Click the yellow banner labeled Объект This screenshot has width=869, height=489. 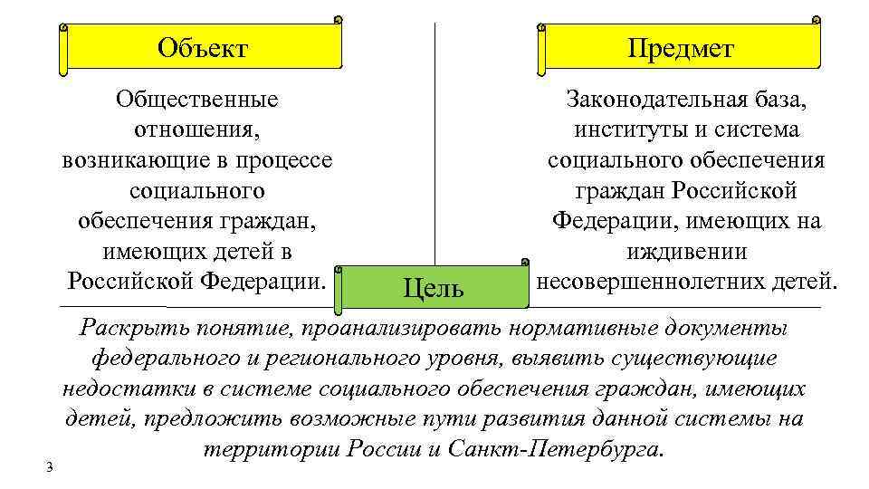point(202,47)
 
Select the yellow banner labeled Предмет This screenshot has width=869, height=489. point(681,47)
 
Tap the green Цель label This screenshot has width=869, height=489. point(433,288)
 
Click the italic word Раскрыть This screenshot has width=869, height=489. point(124,327)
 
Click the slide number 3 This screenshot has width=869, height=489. point(50,466)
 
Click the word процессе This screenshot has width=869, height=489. point(283,159)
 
